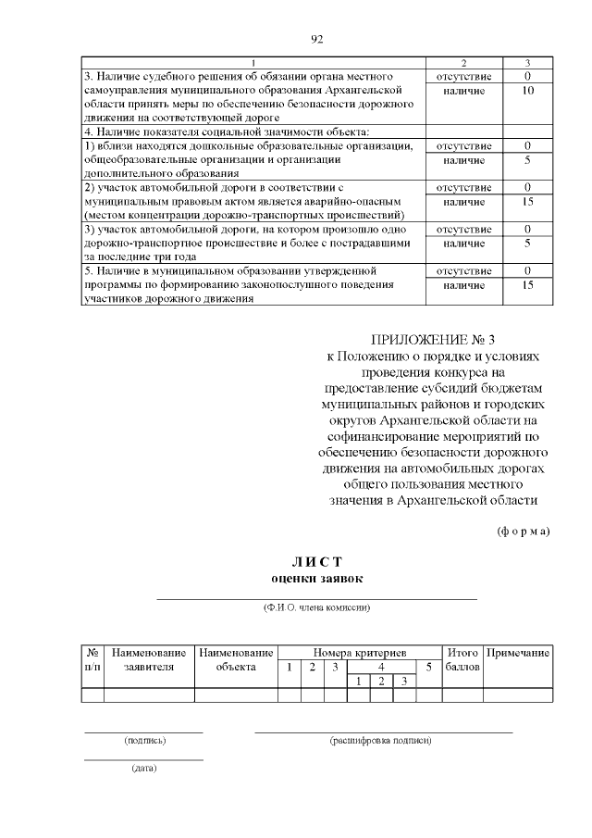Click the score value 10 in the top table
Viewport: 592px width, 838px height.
coord(526,91)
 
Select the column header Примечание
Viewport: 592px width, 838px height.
coord(518,653)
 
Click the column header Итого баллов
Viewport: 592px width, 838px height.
coord(462,659)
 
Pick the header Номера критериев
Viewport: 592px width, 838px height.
coord(360,653)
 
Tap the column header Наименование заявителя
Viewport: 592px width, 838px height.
coord(149,659)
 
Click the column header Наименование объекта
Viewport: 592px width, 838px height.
coord(236,659)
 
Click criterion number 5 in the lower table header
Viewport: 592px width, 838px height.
coord(428,668)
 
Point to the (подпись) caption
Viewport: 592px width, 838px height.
coord(144,741)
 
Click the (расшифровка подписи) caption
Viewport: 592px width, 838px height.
coord(380,741)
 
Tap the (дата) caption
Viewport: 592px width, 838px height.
coord(144,769)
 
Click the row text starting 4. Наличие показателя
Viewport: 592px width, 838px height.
coord(194,131)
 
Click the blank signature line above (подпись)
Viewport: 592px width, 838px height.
coord(144,732)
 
